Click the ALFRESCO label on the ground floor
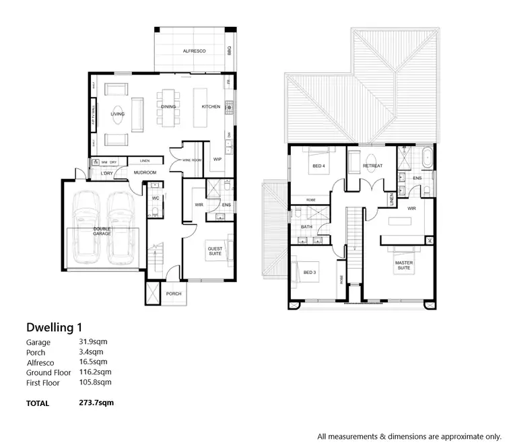(194, 51)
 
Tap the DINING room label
(169, 107)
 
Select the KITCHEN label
(211, 107)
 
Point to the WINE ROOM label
(191, 160)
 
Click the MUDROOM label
(145, 173)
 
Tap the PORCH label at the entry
(174, 294)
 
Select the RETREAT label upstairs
(372, 166)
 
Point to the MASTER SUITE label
(404, 265)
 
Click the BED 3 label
(308, 272)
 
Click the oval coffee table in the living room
(117, 114)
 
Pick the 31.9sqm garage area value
(93, 342)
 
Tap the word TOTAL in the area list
(38, 404)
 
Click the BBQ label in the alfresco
(230, 50)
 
